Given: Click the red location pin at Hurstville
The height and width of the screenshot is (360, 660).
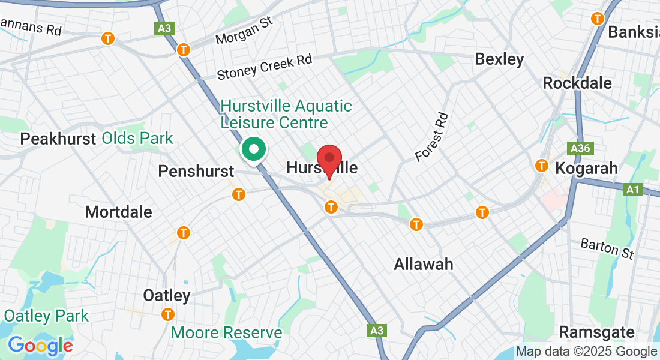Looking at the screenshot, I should click(329, 158).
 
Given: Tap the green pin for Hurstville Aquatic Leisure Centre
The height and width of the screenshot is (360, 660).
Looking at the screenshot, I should click(254, 149).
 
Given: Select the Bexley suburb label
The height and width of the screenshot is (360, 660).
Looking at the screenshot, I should click(499, 59).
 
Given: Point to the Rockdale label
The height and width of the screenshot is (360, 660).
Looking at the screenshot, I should click(577, 83).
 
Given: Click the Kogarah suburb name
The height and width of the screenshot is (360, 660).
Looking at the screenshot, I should click(586, 169).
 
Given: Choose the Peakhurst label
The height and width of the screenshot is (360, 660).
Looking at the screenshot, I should click(58, 139).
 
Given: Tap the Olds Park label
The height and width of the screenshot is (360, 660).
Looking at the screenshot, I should click(137, 139).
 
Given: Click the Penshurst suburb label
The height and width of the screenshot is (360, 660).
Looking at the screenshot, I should click(196, 172).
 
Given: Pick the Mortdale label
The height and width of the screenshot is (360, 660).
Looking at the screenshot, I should click(118, 212).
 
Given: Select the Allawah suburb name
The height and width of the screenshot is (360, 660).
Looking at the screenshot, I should click(423, 264).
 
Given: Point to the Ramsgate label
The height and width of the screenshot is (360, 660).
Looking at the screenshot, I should click(596, 332).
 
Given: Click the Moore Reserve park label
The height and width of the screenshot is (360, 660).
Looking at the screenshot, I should click(226, 332).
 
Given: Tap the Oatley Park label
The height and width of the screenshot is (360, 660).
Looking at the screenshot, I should click(46, 316).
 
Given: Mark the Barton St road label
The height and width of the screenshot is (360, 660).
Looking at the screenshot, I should click(607, 248).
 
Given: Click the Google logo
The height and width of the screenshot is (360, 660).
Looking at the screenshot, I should click(40, 346).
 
